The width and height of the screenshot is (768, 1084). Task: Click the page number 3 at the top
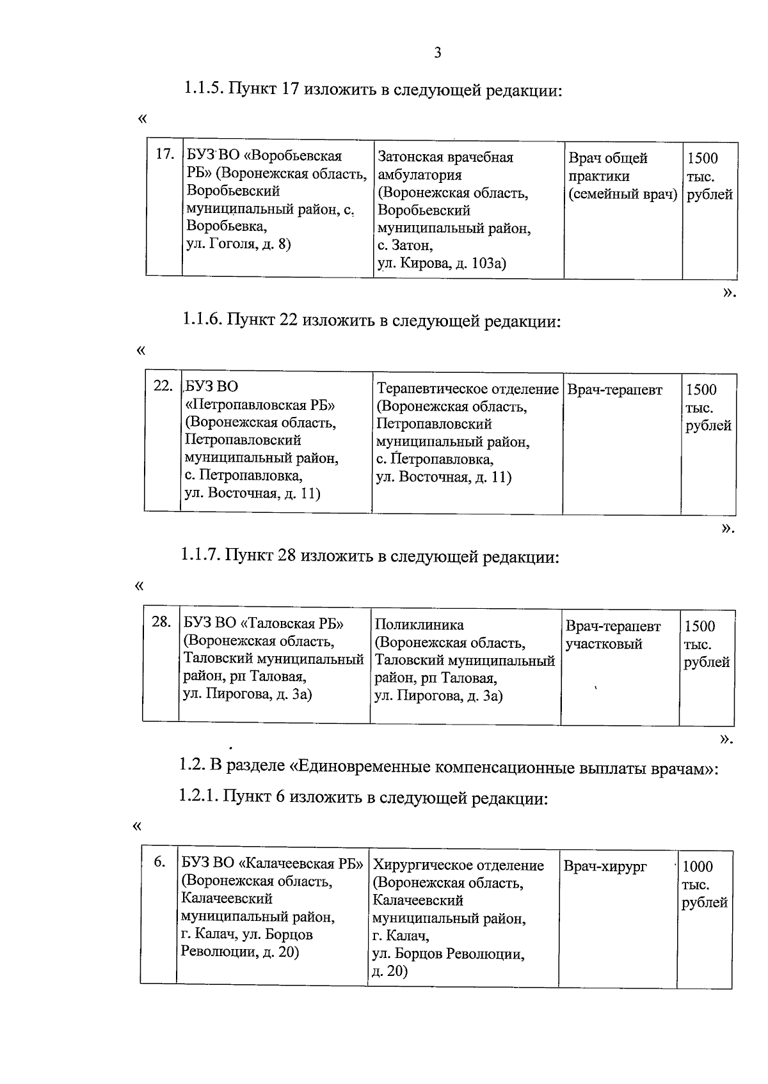click(437, 53)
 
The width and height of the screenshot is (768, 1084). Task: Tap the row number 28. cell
click(161, 621)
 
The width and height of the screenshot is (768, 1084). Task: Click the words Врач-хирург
click(605, 867)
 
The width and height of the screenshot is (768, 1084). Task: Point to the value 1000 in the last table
click(698, 867)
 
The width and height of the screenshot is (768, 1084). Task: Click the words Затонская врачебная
click(445, 157)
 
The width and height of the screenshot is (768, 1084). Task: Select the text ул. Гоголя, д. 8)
click(238, 244)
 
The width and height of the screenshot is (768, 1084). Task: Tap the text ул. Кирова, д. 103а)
click(442, 263)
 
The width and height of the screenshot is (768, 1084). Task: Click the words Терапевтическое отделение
click(467, 389)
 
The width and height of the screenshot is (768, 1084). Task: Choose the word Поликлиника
click(419, 625)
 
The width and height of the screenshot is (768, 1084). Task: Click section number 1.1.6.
click(203, 320)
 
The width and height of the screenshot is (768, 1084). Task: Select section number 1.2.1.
click(199, 797)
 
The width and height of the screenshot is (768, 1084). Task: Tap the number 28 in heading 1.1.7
click(286, 556)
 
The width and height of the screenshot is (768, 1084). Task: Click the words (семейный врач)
click(623, 194)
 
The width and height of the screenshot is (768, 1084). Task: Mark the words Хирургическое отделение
click(458, 865)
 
